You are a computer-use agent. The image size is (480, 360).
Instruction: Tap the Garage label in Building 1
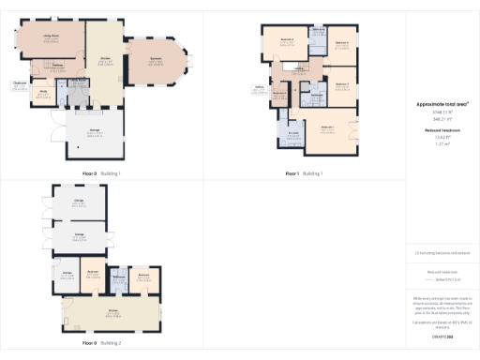click(94, 132)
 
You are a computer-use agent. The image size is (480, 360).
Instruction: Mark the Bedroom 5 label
click(278, 93)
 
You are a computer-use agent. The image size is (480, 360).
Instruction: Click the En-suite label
click(292, 133)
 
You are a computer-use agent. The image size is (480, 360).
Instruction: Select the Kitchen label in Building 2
click(112, 310)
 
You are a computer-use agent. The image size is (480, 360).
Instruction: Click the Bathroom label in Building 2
click(120, 276)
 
